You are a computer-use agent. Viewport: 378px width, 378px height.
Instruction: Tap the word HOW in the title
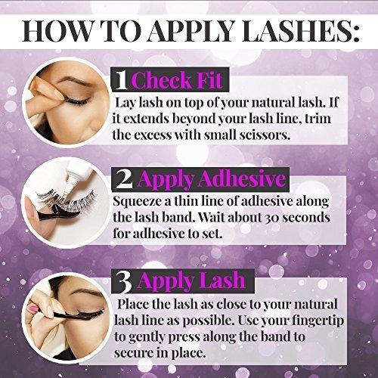point(57,32)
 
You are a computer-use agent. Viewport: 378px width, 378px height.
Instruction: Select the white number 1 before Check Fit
point(122,80)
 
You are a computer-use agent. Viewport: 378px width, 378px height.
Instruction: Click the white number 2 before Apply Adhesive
point(124,179)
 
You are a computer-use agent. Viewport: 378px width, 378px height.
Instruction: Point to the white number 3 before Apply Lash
point(124,280)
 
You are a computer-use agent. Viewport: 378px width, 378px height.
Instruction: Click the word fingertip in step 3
point(318,321)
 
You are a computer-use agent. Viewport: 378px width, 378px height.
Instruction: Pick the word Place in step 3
point(133,304)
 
